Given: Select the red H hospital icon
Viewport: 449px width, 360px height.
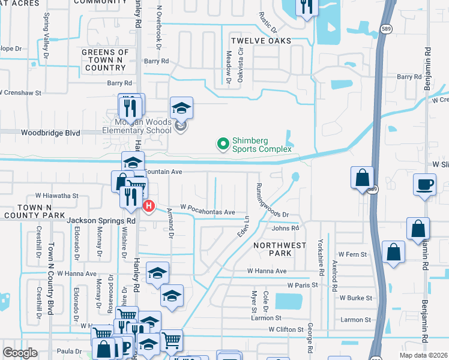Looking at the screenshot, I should pyautogui.click(x=149, y=206).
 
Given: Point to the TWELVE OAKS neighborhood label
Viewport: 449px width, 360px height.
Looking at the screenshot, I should pyautogui.click(x=261, y=41).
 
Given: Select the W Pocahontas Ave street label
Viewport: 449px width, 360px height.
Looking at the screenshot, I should pyautogui.click(x=206, y=212).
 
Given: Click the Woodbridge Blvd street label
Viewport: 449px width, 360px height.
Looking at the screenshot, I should pyautogui.click(x=50, y=133).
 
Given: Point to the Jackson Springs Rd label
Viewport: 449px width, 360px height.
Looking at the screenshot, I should pyautogui.click(x=101, y=221).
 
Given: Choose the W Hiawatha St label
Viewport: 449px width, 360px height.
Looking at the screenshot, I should pyautogui.click(x=57, y=196).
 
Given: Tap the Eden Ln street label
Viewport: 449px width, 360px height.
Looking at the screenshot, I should pyautogui.click(x=244, y=226).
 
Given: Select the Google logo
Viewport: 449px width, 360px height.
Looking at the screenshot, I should pyautogui.click(x=20, y=353).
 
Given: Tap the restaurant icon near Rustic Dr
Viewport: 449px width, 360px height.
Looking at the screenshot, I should pyautogui.click(x=306, y=7).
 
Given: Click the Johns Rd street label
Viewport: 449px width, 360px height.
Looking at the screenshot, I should pyautogui.click(x=285, y=229).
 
